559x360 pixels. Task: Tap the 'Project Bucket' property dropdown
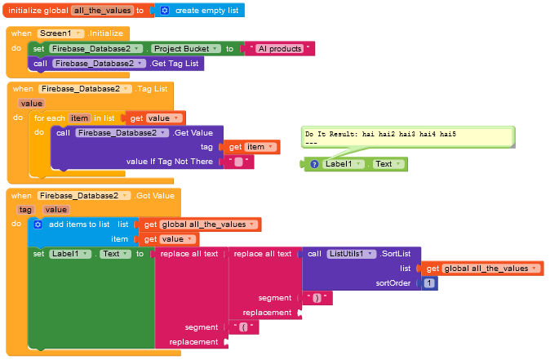coord(187,49)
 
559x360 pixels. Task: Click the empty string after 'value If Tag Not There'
coord(238,162)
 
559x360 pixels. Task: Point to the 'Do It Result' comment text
coord(380,133)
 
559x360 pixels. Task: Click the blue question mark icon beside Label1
coord(314,164)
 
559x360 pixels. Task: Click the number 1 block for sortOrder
coord(430,283)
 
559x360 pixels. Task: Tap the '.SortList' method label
coord(400,254)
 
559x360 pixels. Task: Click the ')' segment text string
coord(317,298)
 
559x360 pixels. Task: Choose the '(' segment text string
coord(244,327)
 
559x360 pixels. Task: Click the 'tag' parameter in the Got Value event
coord(24,210)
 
